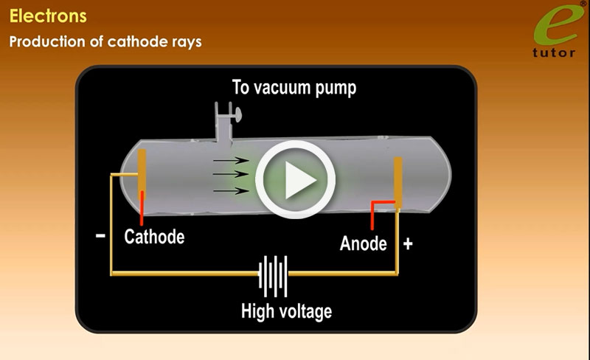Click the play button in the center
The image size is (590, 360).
pos(296,179)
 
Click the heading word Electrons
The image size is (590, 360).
pos(48,15)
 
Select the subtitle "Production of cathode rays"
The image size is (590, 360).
pos(105,41)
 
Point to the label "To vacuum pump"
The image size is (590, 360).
pos(294,89)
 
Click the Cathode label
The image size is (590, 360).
pos(154,237)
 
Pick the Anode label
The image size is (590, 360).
pos(363,243)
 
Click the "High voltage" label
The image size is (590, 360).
pos(286,311)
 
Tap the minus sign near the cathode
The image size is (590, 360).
pos(100,236)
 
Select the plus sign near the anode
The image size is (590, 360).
pos(408,243)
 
